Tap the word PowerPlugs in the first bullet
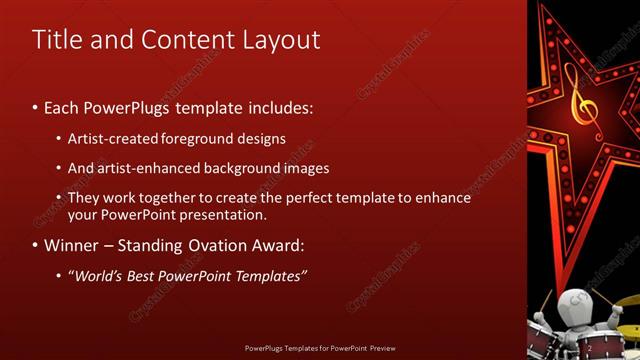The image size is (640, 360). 134,105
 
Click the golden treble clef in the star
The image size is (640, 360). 576,95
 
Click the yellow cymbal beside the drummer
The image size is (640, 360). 626,300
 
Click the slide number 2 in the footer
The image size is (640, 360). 591,348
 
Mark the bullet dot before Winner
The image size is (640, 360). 36,245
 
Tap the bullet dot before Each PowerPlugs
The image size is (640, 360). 36,105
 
